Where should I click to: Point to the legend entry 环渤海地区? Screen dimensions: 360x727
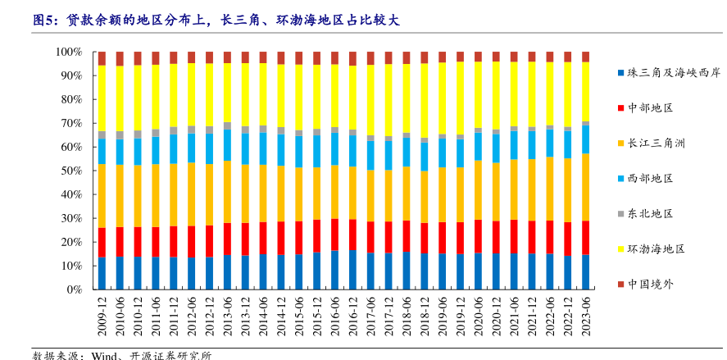pos(656,248)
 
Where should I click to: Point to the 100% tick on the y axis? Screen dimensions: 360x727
pos(69,52)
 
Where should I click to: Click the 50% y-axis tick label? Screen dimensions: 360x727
pos(71,171)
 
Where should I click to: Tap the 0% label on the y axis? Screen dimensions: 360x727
pos(75,289)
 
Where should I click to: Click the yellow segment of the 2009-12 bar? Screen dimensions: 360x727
pos(102,98)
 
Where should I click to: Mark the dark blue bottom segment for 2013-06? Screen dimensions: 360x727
pos(227,272)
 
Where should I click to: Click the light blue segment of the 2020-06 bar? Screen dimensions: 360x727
pos(478,147)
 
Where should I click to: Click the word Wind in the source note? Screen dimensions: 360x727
pos(105,355)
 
